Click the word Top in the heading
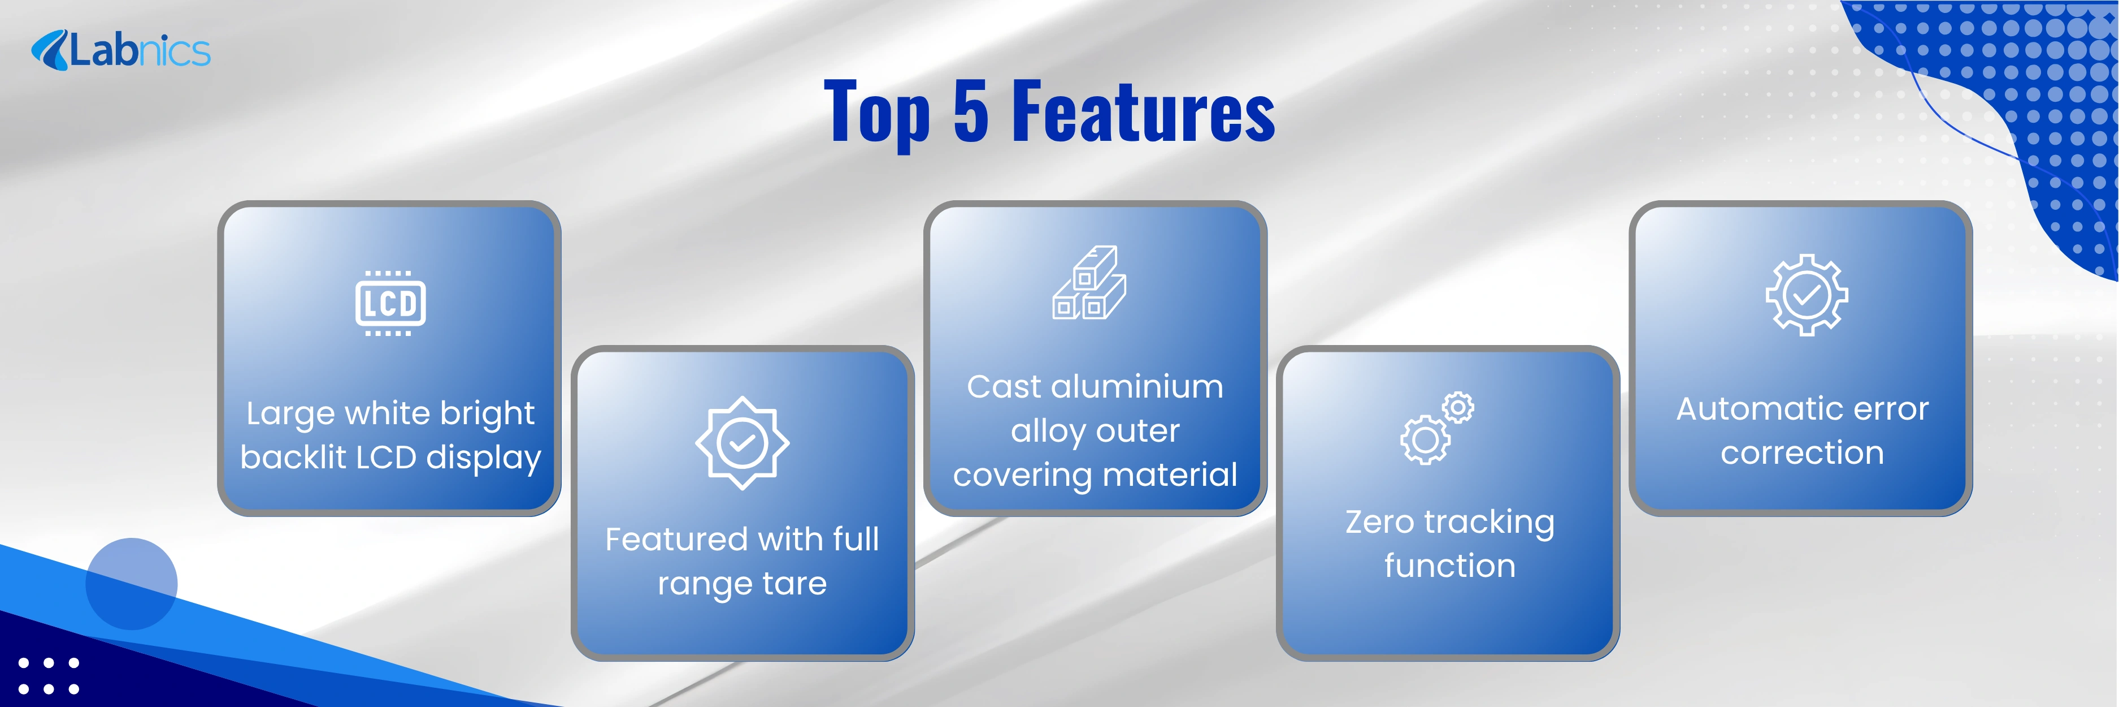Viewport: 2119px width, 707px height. tap(877, 114)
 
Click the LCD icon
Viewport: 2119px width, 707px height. tap(390, 303)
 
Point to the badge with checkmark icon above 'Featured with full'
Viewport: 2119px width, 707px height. tap(742, 443)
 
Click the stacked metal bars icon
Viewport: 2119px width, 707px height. tap(1089, 282)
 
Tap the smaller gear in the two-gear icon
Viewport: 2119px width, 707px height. tap(1458, 407)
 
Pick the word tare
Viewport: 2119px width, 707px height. tap(794, 584)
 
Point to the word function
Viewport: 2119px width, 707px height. tap(1449, 566)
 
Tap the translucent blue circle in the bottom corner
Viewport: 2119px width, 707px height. tap(132, 584)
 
